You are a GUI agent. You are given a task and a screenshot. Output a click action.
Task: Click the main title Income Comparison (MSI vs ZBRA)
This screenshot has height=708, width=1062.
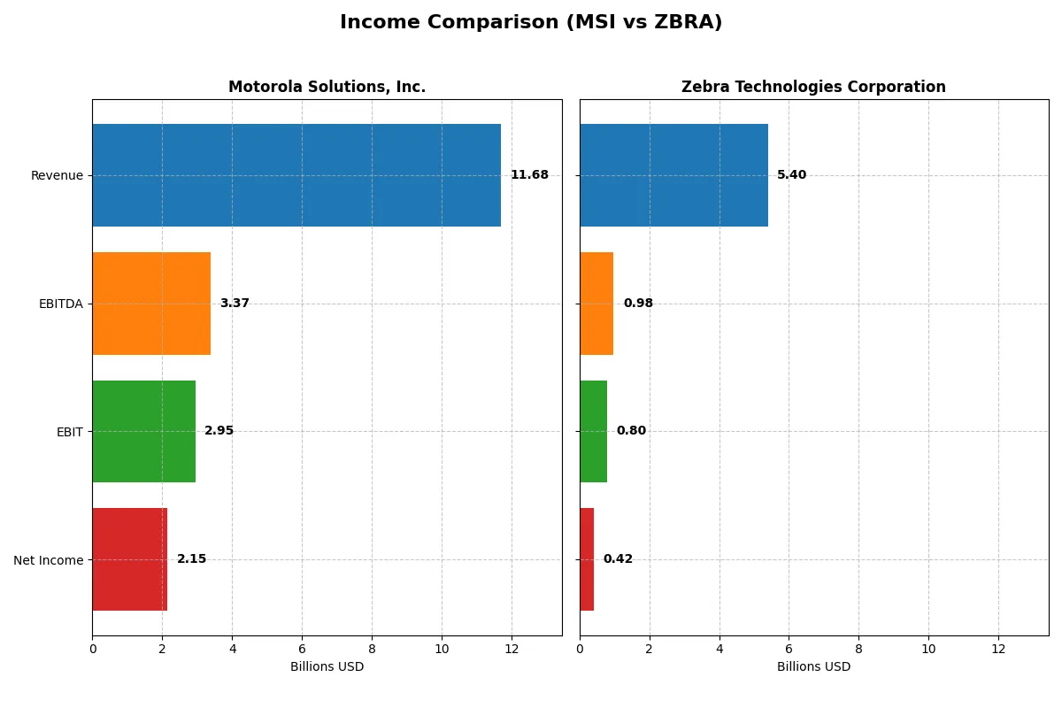[x=531, y=23]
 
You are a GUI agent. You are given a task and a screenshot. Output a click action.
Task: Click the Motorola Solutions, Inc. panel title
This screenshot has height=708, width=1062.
[x=327, y=87]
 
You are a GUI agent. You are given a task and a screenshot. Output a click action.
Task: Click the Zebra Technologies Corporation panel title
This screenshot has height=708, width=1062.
[x=813, y=87]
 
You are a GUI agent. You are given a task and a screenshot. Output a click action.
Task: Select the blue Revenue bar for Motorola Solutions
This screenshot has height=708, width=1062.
[x=296, y=175]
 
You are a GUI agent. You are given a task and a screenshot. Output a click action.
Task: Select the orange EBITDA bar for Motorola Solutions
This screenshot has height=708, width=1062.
[x=151, y=304]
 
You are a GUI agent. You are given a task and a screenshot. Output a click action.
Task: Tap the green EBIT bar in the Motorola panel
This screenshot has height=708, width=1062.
[x=143, y=431]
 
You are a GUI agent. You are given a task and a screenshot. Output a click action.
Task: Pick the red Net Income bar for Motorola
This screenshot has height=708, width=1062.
[x=129, y=559]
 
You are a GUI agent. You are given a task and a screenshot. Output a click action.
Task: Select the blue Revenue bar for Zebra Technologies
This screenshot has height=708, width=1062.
[x=673, y=175]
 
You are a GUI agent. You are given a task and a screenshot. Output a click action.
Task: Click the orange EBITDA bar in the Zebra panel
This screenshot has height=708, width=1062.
[x=596, y=304]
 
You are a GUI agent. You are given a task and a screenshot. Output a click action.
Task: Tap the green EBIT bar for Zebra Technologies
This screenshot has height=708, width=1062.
[x=593, y=431]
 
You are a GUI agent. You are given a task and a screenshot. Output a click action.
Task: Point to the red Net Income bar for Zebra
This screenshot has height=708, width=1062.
[x=587, y=559]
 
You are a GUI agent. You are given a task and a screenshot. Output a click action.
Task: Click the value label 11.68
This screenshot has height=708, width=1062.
[x=529, y=175]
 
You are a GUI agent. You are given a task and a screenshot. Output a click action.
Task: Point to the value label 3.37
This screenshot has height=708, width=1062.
[x=235, y=304]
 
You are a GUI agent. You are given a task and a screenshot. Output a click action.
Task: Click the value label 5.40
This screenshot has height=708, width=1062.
[x=791, y=175]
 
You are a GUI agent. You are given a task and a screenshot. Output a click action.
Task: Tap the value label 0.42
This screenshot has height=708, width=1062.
[x=618, y=559]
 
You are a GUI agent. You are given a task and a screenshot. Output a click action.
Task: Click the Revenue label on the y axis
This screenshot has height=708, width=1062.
[x=57, y=175]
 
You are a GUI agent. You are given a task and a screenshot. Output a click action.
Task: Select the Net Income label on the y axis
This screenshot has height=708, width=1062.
[x=49, y=560]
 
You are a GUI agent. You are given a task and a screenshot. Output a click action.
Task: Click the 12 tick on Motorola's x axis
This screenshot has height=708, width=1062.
[x=512, y=649]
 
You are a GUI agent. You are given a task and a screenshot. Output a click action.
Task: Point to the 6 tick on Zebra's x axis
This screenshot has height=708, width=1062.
[x=789, y=649]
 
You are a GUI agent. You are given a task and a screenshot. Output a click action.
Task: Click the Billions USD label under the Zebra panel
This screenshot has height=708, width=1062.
[x=813, y=667]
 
